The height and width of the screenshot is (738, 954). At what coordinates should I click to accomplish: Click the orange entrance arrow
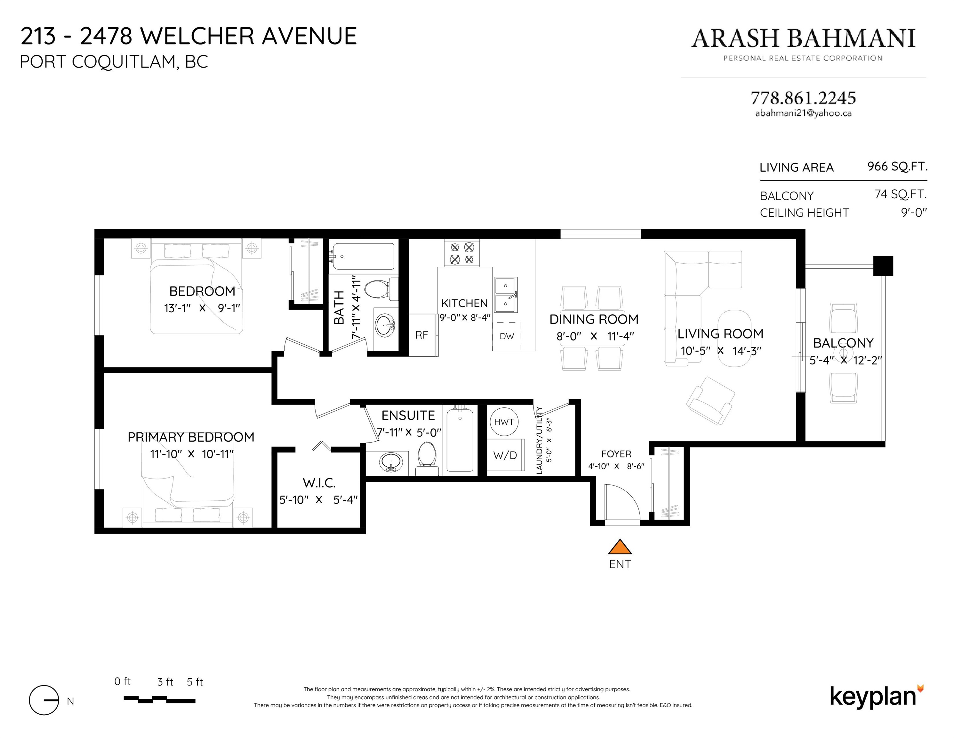click(x=620, y=547)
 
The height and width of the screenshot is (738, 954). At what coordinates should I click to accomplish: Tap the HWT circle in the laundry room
click(x=504, y=422)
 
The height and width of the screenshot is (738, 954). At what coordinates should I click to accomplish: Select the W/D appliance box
click(x=505, y=455)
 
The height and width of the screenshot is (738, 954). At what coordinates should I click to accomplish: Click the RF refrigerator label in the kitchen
click(x=421, y=335)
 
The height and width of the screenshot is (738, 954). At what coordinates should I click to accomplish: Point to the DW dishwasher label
click(x=507, y=336)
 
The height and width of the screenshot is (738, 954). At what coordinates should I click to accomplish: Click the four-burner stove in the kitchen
click(x=462, y=253)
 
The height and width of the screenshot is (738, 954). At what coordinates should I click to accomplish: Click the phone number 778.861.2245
click(x=803, y=98)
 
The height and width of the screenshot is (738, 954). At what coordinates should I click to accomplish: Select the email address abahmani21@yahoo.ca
click(x=803, y=113)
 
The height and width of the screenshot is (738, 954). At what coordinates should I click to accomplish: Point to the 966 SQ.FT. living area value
click(x=897, y=167)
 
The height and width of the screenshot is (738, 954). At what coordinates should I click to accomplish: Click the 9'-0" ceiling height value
click(x=914, y=212)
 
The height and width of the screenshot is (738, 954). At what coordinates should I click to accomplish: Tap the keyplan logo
click(x=877, y=696)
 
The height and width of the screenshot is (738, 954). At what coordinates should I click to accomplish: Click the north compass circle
click(x=44, y=700)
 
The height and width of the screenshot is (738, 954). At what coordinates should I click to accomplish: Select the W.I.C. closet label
click(x=319, y=483)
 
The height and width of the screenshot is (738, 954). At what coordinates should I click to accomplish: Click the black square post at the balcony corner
click(x=883, y=266)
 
